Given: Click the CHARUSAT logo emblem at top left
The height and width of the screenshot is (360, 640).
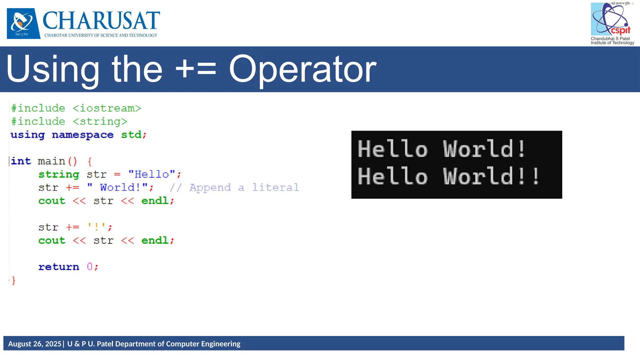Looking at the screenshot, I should [23, 23].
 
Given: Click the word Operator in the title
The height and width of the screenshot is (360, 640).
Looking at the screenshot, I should [302, 69].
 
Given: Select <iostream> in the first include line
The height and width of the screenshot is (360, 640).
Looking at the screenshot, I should [107, 108].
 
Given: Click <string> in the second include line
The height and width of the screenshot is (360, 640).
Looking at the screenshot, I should [100, 121].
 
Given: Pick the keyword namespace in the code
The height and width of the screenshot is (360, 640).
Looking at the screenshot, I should [82, 135].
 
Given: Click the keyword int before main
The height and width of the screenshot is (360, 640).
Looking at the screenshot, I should [21, 161].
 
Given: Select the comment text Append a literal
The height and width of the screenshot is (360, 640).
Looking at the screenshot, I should [244, 187].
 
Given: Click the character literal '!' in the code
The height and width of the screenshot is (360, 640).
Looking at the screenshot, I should [96, 227].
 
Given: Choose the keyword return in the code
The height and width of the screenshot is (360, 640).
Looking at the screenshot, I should [59, 267].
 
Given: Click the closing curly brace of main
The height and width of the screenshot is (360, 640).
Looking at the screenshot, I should [13, 280].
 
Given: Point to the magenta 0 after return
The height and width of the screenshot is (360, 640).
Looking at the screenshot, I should [90, 267].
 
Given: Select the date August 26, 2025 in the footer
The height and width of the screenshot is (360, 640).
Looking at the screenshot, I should [35, 344].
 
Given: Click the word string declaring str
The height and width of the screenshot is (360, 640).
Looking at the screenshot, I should [59, 174].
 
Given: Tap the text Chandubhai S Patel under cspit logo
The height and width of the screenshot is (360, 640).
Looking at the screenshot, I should [610, 39].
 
